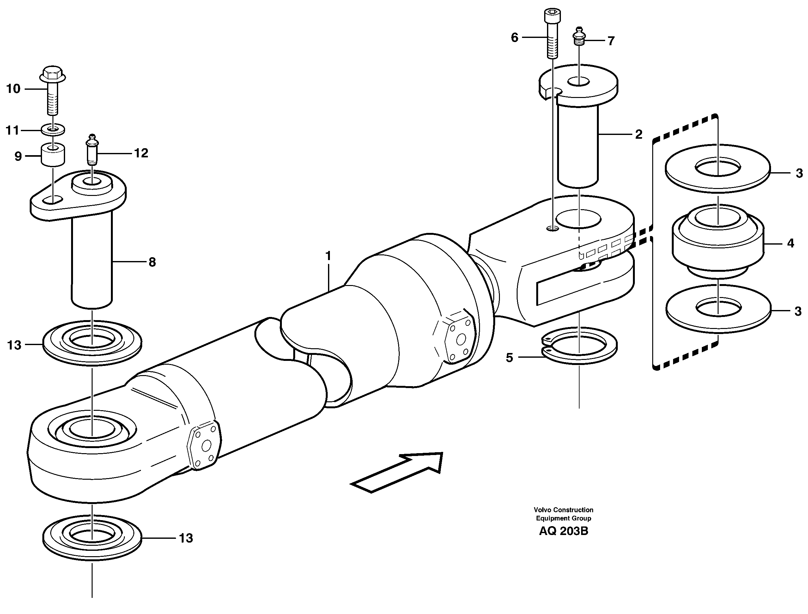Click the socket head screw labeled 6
pyautogui.click(x=553, y=35)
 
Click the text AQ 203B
pyautogui.click(x=563, y=531)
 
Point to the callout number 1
pyautogui.click(x=328, y=256)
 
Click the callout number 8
pyautogui.click(x=152, y=262)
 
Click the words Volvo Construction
pyautogui.click(x=563, y=510)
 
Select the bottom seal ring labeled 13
pyautogui.click(x=92, y=537)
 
